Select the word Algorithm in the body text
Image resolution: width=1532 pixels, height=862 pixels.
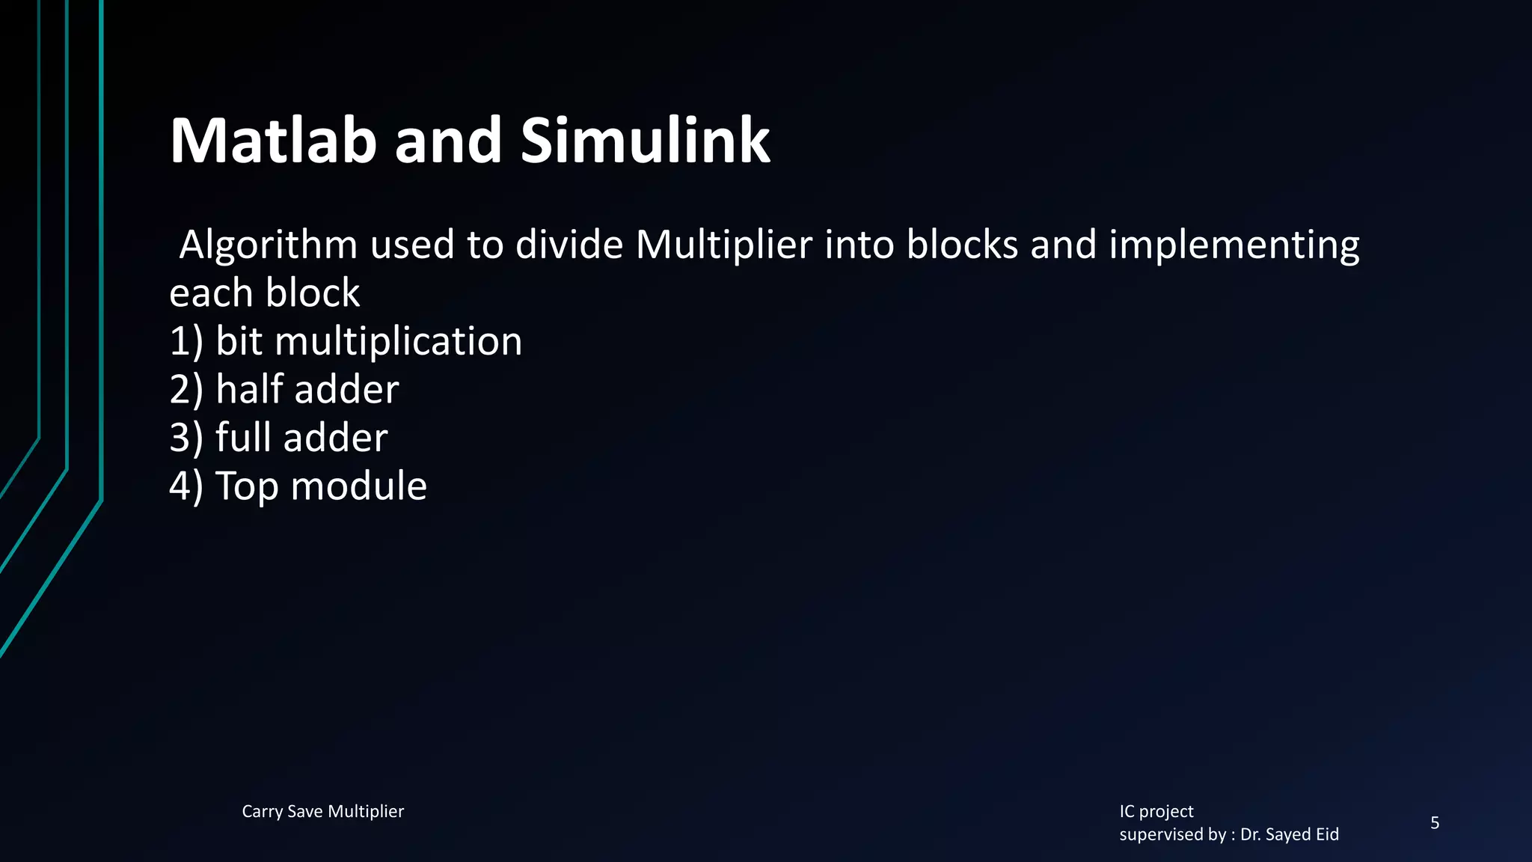click(269, 245)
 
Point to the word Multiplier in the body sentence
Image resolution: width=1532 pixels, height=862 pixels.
click(724, 245)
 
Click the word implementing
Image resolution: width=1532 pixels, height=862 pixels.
click(1234, 245)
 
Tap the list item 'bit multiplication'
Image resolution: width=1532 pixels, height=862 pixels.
click(369, 341)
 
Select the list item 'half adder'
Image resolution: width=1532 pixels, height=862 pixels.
click(307, 389)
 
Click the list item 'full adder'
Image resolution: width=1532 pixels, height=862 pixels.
click(301, 438)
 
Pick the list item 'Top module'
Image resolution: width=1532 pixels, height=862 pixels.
click(322, 486)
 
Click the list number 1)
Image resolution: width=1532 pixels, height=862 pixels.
click(186, 341)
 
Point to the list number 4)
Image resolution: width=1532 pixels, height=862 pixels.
click(186, 486)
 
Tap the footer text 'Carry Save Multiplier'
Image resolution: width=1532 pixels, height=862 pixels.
click(322, 812)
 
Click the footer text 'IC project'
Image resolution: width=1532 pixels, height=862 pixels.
click(1156, 812)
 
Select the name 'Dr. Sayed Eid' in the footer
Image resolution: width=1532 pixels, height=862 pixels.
click(1290, 834)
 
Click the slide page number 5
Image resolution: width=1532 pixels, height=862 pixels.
click(1435, 823)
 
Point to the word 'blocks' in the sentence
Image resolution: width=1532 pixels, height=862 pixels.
click(963, 245)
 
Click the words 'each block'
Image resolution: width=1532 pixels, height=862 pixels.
click(265, 293)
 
